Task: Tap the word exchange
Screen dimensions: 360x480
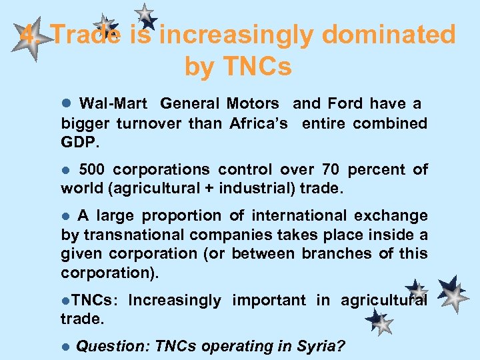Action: tap(394, 215)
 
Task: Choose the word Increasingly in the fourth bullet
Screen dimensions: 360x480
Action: tap(174, 300)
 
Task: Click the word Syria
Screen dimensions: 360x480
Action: tap(323, 346)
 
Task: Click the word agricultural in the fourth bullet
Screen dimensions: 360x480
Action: tap(384, 300)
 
